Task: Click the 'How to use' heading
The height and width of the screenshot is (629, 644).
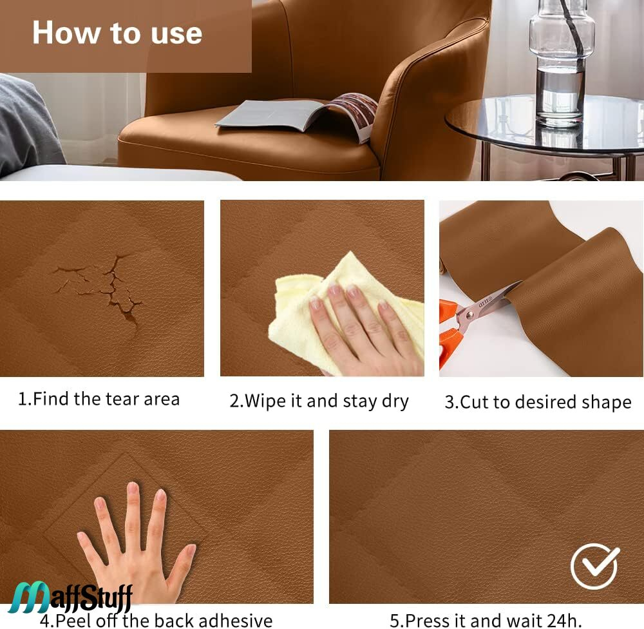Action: pyautogui.click(x=117, y=33)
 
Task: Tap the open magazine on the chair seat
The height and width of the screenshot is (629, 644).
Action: pyautogui.click(x=296, y=116)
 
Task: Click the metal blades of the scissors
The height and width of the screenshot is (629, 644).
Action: pyautogui.click(x=487, y=305)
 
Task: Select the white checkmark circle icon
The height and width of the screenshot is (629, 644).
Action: pyautogui.click(x=594, y=566)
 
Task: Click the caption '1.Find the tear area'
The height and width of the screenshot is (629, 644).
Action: pyautogui.click(x=99, y=399)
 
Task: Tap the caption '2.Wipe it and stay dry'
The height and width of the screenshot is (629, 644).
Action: pyautogui.click(x=319, y=401)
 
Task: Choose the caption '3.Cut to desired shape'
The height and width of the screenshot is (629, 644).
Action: pyautogui.click(x=538, y=402)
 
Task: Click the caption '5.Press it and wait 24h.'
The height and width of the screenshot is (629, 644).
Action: pyautogui.click(x=486, y=620)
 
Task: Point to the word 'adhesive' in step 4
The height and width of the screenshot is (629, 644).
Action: pyautogui.click(x=235, y=621)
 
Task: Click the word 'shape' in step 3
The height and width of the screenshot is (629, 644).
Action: pyautogui.click(x=608, y=403)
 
